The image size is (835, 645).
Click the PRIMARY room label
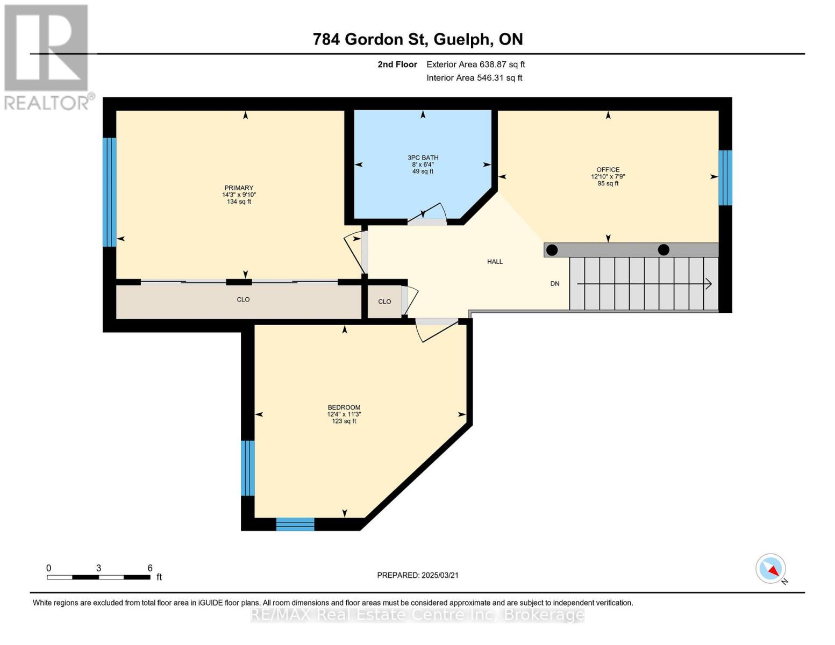pos(239,188)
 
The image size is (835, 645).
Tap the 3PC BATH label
pos(423,157)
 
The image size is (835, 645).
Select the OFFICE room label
pos(608,169)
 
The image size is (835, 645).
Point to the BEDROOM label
pos(344,407)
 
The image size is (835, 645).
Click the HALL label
pos(495,262)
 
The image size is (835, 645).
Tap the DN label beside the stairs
pos(555,283)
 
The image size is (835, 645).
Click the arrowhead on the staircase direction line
pos(709,284)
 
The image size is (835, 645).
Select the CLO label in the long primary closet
pos(243,299)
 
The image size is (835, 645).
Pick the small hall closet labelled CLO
pos(384,302)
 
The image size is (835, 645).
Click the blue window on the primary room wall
pos(110,192)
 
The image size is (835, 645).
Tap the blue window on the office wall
pos(725,177)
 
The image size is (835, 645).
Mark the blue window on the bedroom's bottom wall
pos(295,524)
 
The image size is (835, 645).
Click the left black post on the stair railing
pos(552,250)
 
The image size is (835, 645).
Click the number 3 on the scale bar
pos(99,568)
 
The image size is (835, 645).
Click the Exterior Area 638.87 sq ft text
pos(476,64)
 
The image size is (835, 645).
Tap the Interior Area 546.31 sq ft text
pos(475,78)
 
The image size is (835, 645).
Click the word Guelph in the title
pos(463,40)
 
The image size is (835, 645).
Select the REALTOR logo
pos(48,58)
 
